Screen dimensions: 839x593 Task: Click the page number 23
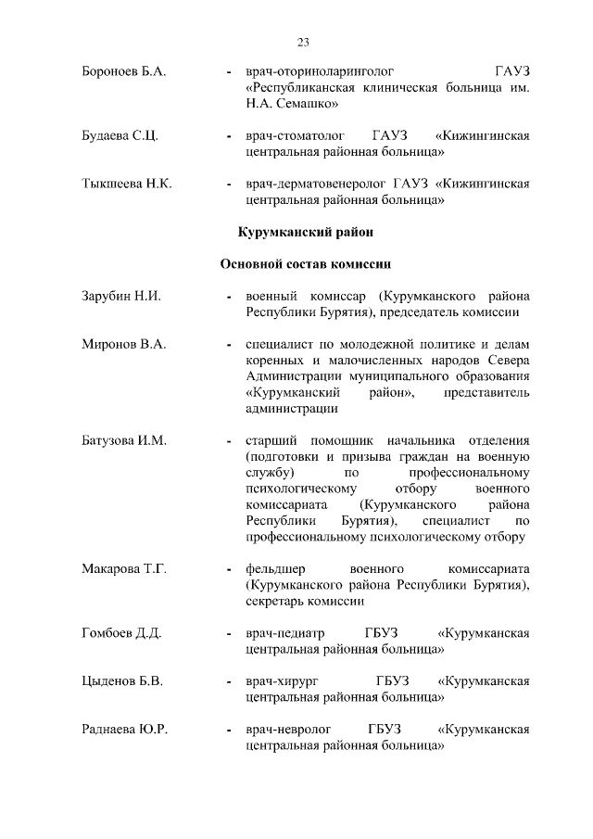(303, 42)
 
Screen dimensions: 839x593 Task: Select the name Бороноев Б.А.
(123, 70)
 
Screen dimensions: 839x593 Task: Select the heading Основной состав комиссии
(306, 263)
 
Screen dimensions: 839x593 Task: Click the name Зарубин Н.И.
(121, 297)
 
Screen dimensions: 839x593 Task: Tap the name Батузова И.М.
(124, 440)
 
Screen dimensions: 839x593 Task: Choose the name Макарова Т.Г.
(125, 568)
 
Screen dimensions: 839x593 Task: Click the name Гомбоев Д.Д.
(122, 633)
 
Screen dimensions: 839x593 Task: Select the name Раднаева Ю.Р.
(125, 730)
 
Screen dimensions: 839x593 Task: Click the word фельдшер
(275, 568)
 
